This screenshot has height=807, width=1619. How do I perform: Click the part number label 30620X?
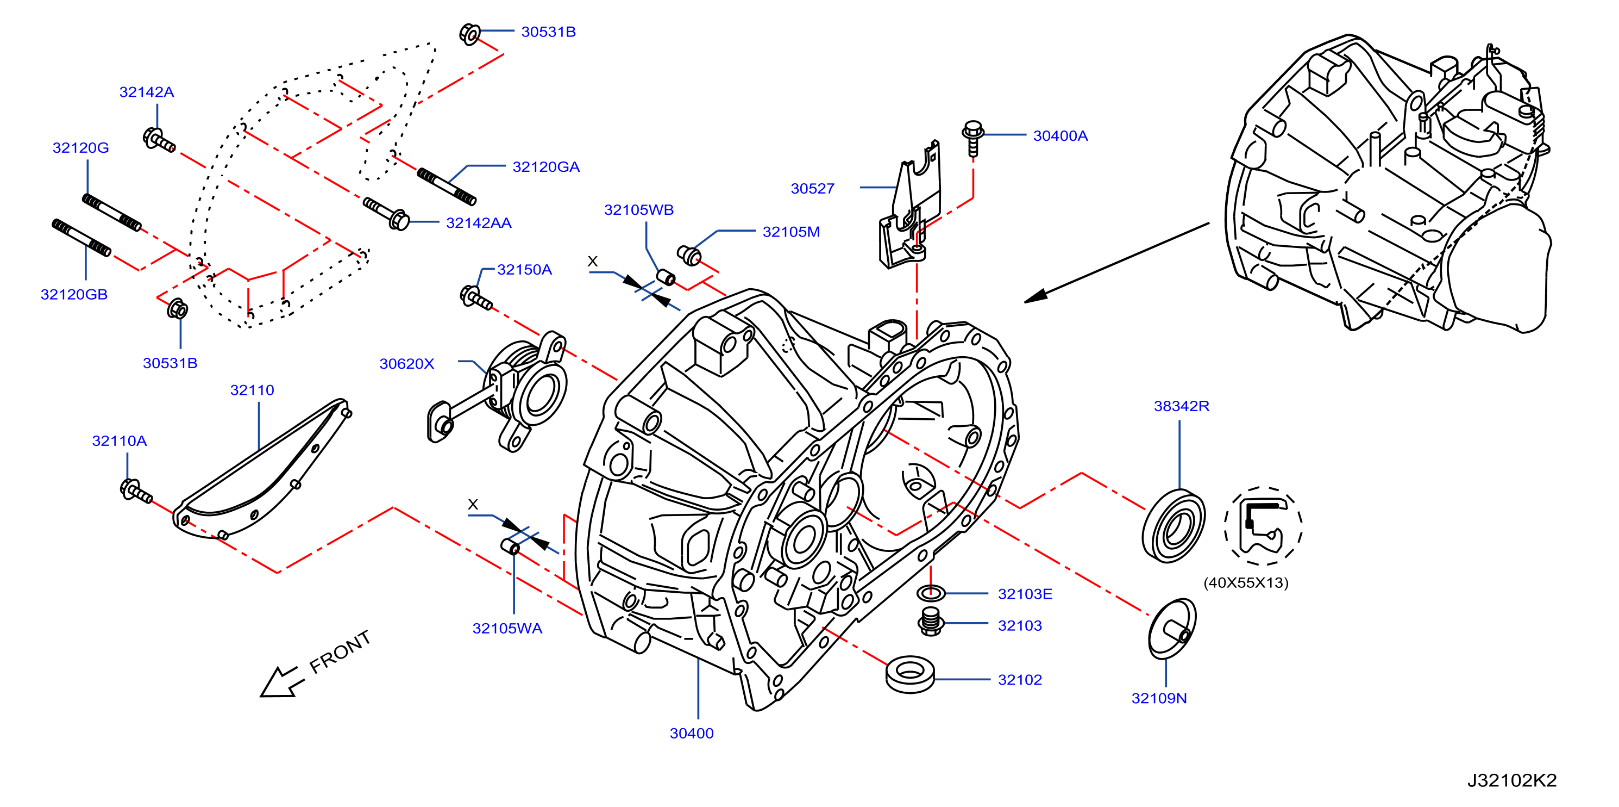pos(406,364)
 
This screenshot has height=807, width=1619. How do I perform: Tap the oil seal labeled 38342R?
pos(1173,526)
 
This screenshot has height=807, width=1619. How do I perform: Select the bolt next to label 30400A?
pos(973,138)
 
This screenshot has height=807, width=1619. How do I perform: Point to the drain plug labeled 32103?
pos(931,622)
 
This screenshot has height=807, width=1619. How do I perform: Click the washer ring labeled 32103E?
pos(931,593)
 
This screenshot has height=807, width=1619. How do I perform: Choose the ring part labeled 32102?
pos(910,674)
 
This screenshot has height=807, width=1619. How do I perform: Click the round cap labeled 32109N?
pos(1172,629)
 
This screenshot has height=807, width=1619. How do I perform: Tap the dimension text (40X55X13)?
pos(1246,582)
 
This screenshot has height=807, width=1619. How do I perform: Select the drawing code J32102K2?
pos(1511,780)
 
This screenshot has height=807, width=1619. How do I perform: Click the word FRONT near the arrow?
pos(340,651)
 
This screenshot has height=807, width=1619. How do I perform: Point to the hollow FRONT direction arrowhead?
pos(279,682)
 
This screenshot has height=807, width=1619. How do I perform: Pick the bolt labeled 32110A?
pos(136,491)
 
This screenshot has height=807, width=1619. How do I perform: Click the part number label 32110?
pos(252,390)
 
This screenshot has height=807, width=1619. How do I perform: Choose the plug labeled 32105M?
pos(689,256)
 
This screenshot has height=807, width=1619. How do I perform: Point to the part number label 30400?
pos(692,734)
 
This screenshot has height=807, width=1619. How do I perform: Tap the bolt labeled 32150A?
pos(476,297)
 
